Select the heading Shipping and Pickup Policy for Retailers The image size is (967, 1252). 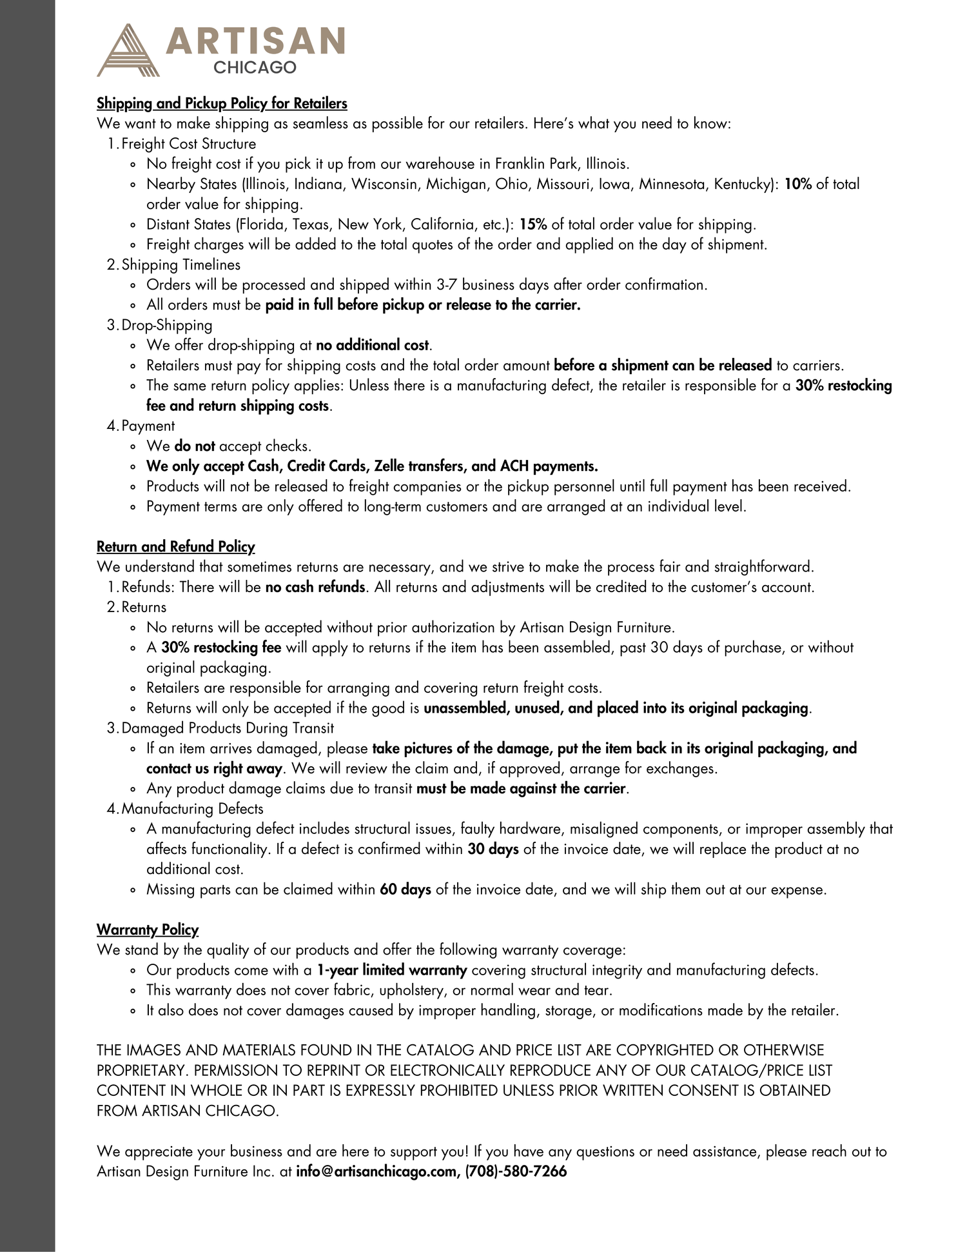222,103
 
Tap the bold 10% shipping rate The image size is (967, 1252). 798,184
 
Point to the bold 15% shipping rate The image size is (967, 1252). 533,224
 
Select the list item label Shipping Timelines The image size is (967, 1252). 181,264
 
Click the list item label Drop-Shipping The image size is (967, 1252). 166,325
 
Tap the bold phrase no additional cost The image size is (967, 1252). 372,346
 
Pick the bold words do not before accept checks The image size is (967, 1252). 194,446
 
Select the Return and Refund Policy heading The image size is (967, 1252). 175,547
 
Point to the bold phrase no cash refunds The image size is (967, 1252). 315,588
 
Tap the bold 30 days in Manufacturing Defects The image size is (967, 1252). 493,850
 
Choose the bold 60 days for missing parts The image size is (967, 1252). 405,889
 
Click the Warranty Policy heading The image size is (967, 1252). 148,929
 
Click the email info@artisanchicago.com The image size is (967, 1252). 376,1171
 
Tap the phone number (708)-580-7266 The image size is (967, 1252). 516,1171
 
